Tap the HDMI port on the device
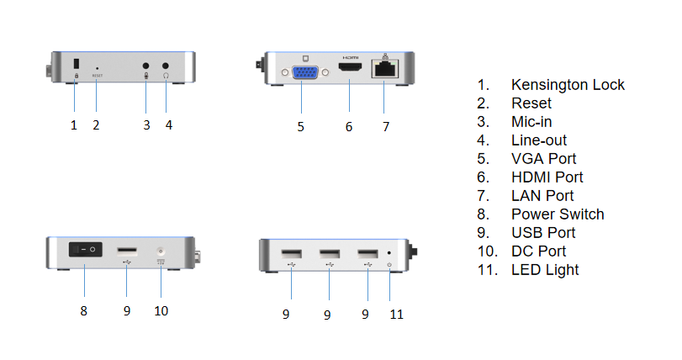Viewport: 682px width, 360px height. pyautogui.click(x=348, y=66)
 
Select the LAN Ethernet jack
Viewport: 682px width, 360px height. pyautogui.click(x=385, y=69)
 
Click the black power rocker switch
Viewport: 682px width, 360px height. pyautogui.click(x=84, y=250)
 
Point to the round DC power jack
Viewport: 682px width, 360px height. pyautogui.click(x=161, y=251)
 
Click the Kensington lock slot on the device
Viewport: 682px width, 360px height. pyautogui.click(x=74, y=64)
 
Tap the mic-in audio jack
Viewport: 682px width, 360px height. pyautogui.click(x=146, y=66)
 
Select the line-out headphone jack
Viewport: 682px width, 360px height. pyautogui.click(x=166, y=66)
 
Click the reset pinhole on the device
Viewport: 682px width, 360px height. pyautogui.click(x=97, y=66)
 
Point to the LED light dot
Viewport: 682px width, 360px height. pyautogui.click(x=389, y=252)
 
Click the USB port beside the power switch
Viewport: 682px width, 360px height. pyautogui.click(x=127, y=251)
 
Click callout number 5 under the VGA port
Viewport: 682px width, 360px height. pyautogui.click(x=300, y=127)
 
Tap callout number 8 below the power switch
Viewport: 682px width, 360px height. pyautogui.click(x=83, y=310)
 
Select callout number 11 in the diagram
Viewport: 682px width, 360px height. pyautogui.click(x=396, y=314)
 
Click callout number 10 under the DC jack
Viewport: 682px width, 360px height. pyautogui.click(x=161, y=310)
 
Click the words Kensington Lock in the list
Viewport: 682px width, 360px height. pyautogui.click(x=568, y=85)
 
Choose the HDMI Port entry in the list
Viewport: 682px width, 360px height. pyautogui.click(x=547, y=177)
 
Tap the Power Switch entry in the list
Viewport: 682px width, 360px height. pyautogui.click(x=557, y=214)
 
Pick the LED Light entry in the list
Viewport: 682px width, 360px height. pyautogui.click(x=545, y=270)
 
